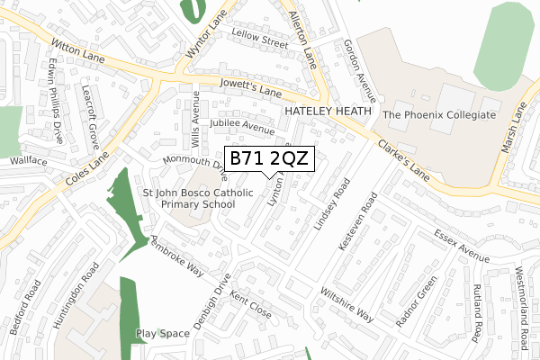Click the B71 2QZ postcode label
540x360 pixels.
pyautogui.click(x=269, y=158)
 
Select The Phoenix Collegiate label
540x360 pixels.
pyautogui.click(x=440, y=115)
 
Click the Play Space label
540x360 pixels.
pyautogui.click(x=163, y=333)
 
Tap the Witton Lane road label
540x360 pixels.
pyautogui.click(x=78, y=57)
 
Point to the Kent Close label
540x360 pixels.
pyautogui.click(x=250, y=305)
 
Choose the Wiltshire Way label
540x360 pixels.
pyautogui.click(x=346, y=304)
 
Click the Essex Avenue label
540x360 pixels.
pyautogui.click(x=462, y=246)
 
